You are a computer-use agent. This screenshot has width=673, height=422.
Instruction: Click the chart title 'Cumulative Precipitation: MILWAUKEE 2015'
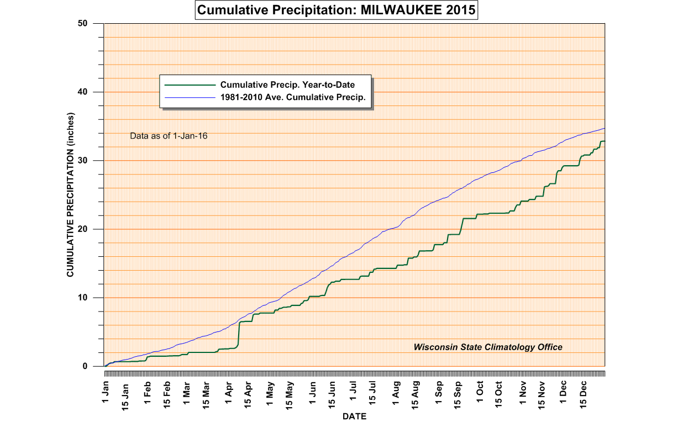(x=336, y=10)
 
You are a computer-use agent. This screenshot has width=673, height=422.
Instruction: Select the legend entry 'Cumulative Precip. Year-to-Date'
(x=287, y=85)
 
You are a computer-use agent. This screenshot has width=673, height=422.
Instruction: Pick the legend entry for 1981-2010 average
(x=293, y=97)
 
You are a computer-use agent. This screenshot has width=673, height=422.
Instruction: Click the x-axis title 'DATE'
(x=354, y=416)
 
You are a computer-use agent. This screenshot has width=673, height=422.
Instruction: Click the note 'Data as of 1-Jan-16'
(x=169, y=135)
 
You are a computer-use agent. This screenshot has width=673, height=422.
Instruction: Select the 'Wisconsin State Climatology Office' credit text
(x=488, y=347)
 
